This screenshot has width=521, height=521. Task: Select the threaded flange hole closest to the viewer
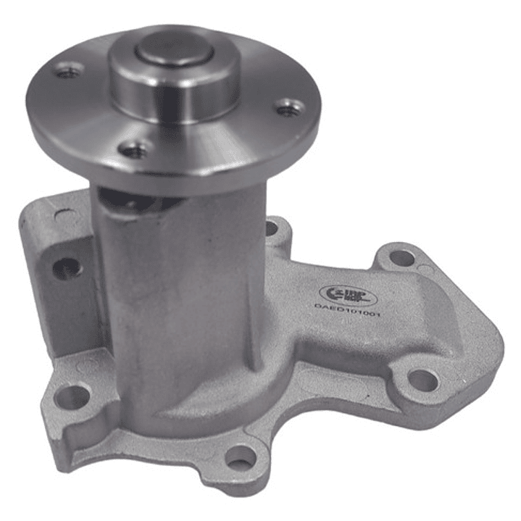point(133,150)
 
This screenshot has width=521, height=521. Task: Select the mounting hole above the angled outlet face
point(401,257)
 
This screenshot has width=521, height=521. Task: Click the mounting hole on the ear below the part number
point(421,378)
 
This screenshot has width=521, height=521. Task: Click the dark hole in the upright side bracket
point(67,268)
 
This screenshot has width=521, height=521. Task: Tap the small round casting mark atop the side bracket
point(62,215)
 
